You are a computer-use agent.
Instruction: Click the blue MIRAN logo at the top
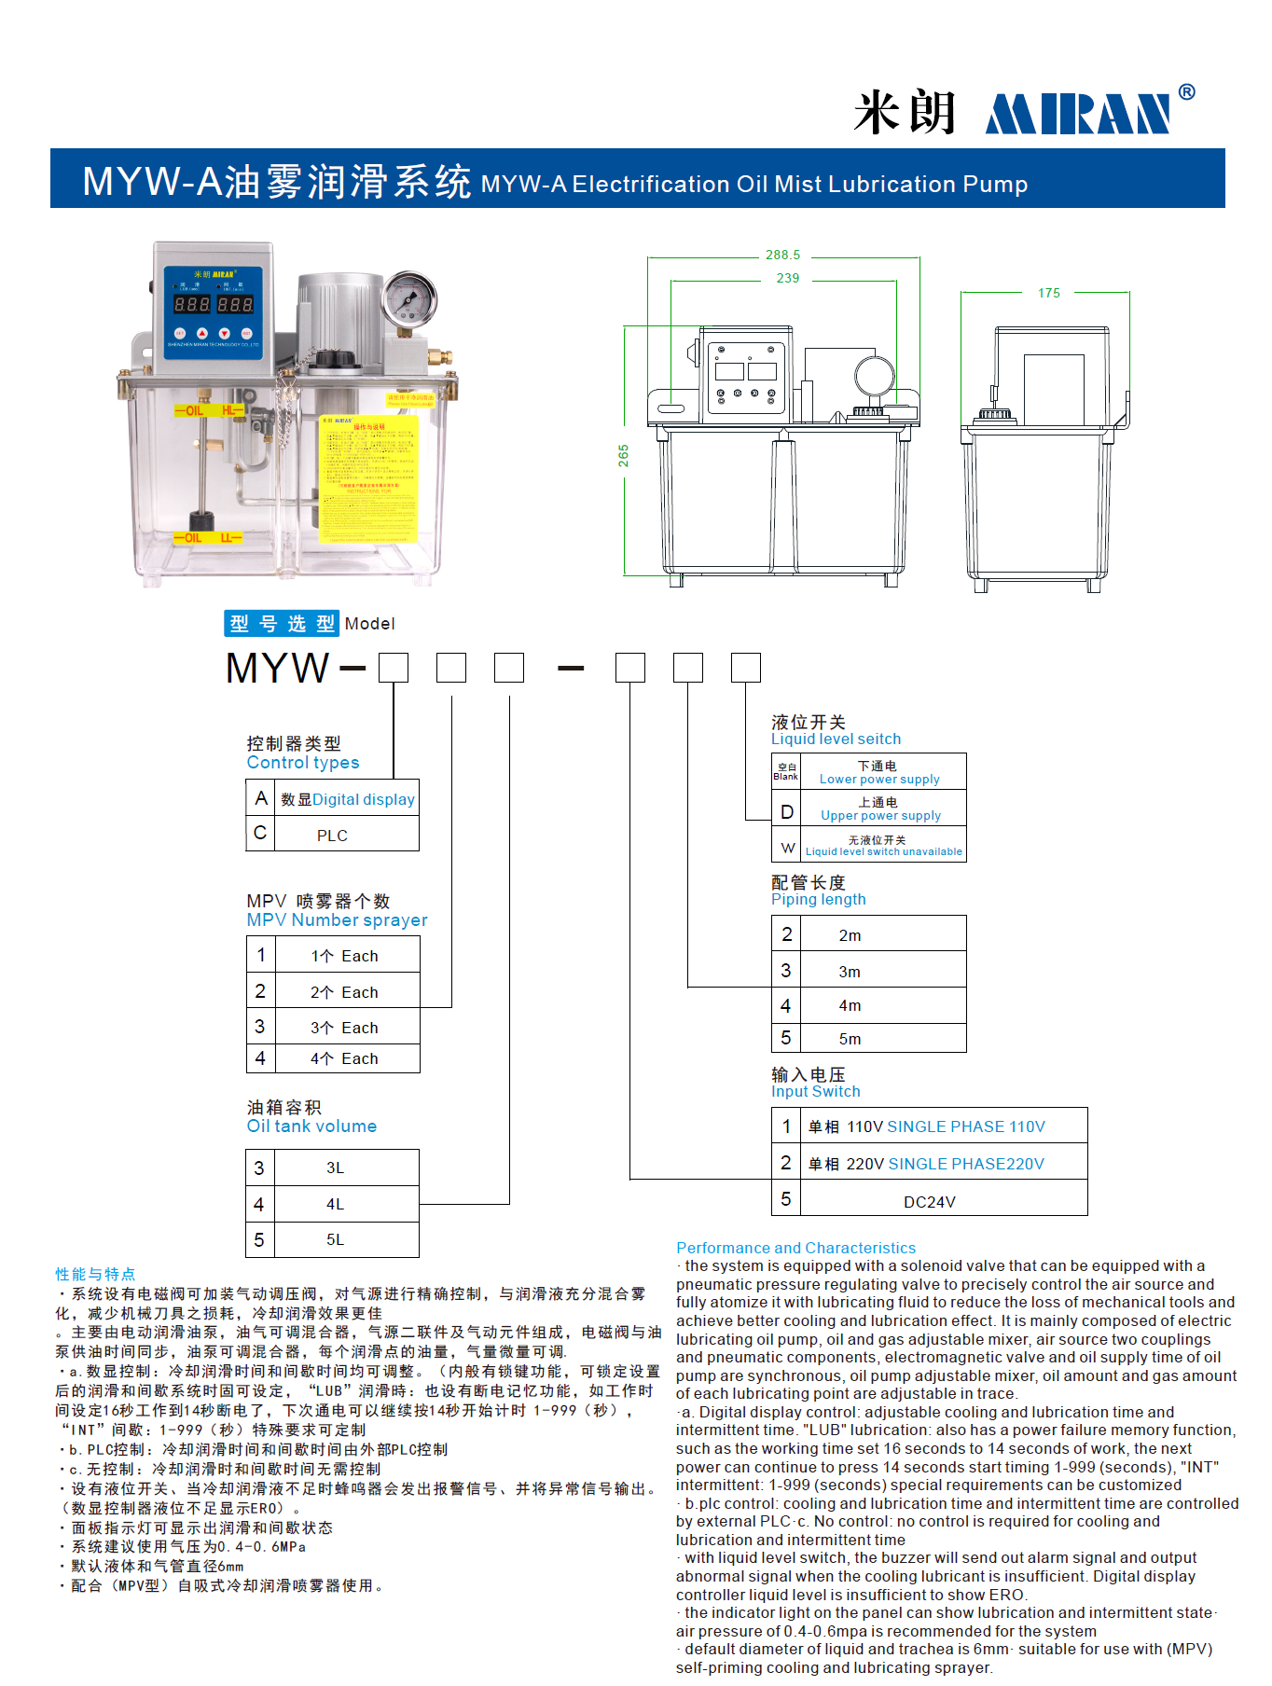pos(1078,114)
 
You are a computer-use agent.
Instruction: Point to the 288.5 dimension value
pos(782,255)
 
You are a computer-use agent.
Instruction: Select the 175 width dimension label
pos(1048,293)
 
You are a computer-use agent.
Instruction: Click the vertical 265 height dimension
pos(623,456)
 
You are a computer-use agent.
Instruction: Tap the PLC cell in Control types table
pos(332,836)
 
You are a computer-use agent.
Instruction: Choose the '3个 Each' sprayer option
pos(344,1028)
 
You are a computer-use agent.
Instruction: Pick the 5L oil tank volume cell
pos(335,1239)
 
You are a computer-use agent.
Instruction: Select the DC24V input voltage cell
pos(929,1202)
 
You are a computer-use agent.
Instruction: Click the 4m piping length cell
pos(850,1005)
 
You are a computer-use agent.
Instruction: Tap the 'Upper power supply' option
pos(880,815)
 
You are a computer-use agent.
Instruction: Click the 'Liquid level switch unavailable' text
pos(883,851)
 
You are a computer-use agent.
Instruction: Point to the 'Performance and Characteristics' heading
pos(795,1248)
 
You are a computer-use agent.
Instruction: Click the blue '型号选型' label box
pos(281,624)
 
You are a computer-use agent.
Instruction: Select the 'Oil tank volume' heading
pos(311,1126)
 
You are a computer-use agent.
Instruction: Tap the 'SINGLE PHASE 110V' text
pos(966,1126)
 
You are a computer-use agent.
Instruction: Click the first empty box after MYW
pos(394,668)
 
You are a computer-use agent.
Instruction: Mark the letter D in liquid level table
pos(786,812)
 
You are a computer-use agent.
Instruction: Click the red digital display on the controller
pos(214,304)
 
